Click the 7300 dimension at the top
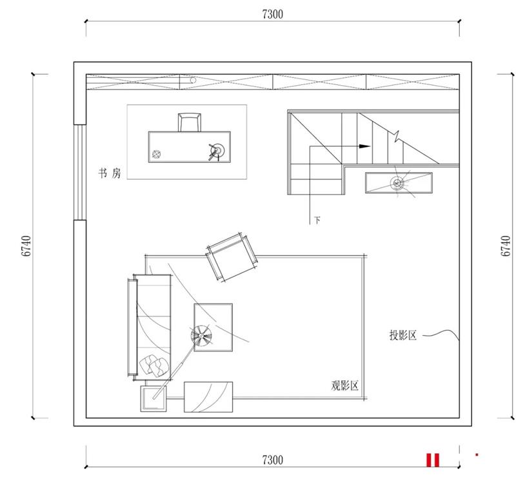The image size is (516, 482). pyautogui.click(x=272, y=14)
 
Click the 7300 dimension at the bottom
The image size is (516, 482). pyautogui.click(x=272, y=459)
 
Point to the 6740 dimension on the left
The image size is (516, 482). pyautogui.click(x=26, y=246)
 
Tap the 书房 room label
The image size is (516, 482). pyautogui.click(x=110, y=173)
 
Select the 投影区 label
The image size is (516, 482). pyautogui.click(x=402, y=335)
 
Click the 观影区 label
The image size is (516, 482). pyautogui.click(x=344, y=385)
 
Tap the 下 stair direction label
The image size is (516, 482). pyautogui.click(x=317, y=220)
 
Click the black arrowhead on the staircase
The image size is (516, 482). pyautogui.click(x=364, y=146)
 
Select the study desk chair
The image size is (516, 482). pyautogui.click(x=190, y=122)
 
